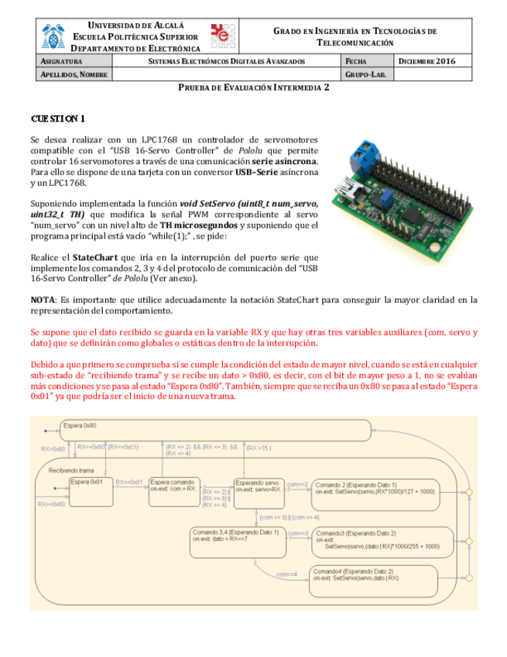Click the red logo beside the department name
tap(224, 36)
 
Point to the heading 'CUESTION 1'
tap(57, 119)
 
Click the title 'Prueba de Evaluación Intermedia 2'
tap(254, 88)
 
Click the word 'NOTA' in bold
tap(42, 299)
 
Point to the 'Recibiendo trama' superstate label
tap(71, 470)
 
